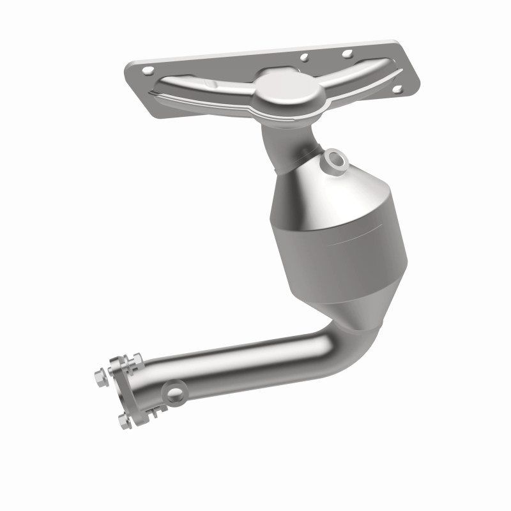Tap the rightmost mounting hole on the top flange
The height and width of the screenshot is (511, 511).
pyautogui.click(x=397, y=89)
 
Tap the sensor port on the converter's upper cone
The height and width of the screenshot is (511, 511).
pyautogui.click(x=334, y=160)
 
